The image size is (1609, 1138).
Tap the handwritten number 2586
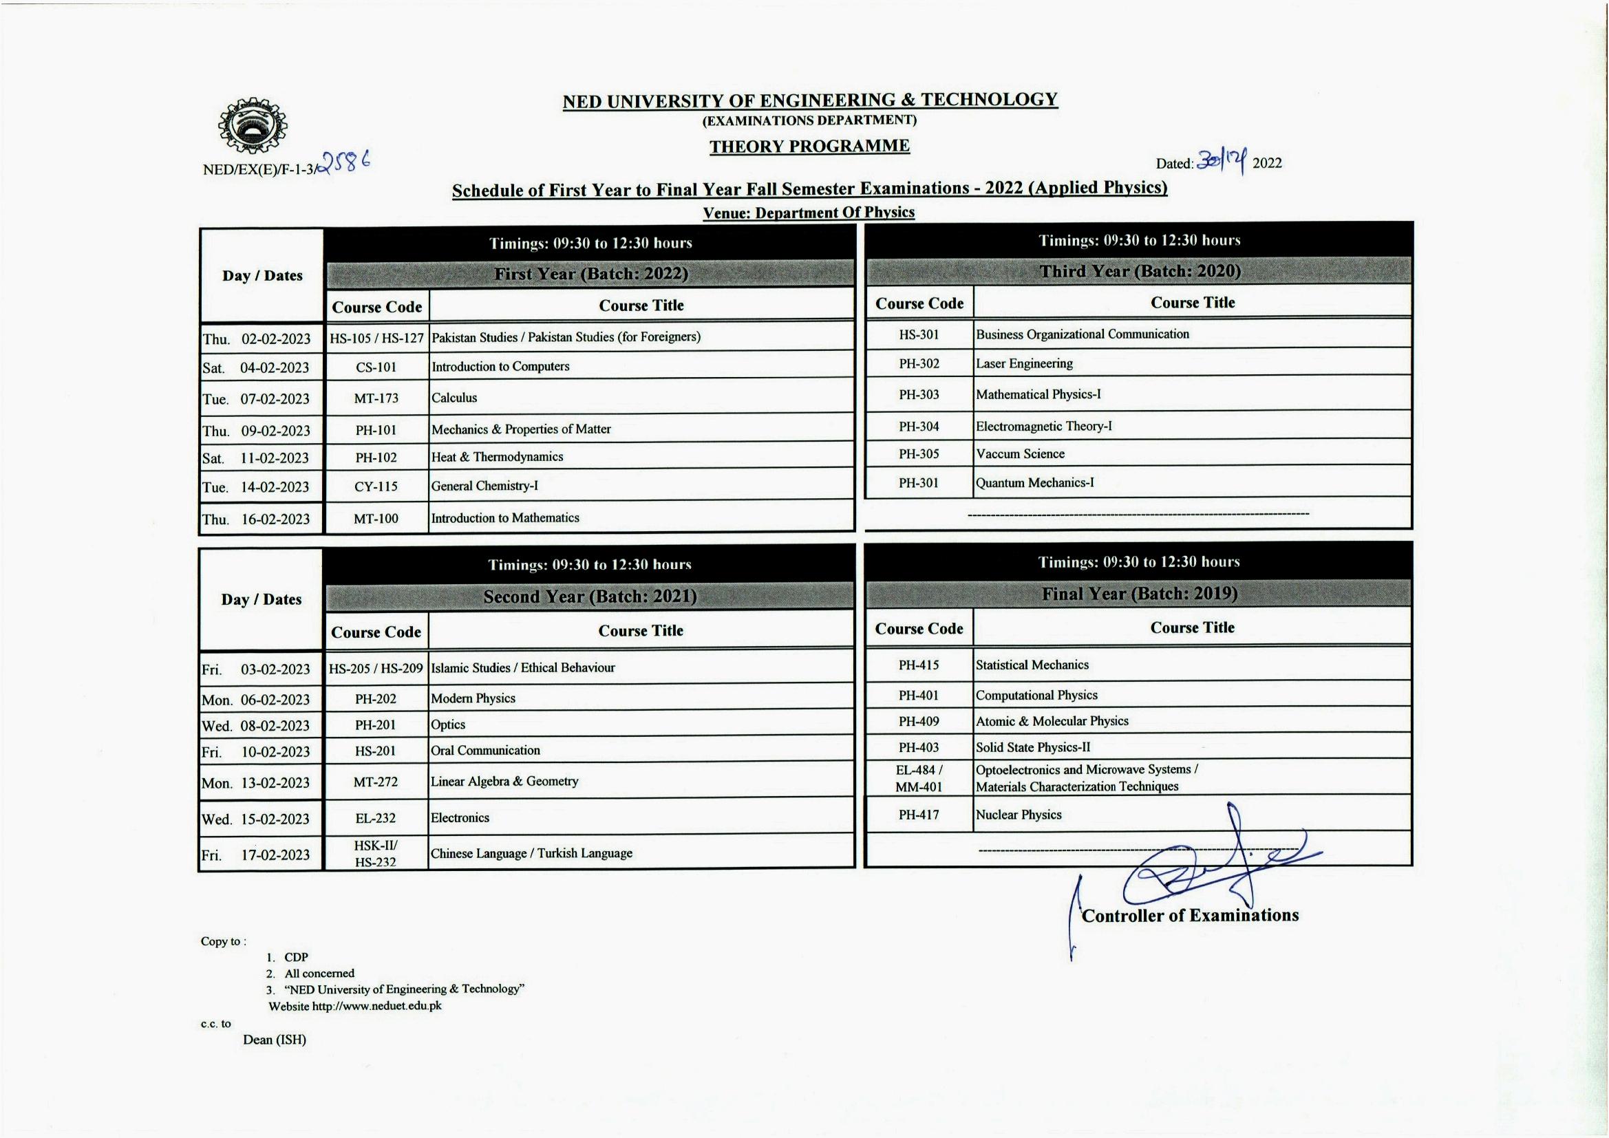[x=344, y=164]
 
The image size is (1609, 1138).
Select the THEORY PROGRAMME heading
[x=809, y=146]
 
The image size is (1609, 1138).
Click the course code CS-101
[x=376, y=367]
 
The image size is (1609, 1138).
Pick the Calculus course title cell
[x=454, y=398]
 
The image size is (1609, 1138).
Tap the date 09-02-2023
[x=275, y=431]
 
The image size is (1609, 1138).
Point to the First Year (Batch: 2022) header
[x=590, y=273]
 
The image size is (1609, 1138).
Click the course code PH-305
[x=919, y=454]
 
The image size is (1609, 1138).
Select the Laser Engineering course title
[x=1024, y=364]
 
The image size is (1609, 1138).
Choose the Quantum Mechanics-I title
[x=1034, y=483]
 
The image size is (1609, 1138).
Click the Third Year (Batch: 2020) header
[x=1140, y=271]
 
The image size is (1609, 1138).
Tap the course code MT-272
[x=376, y=782]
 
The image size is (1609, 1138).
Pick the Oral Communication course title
[x=485, y=751]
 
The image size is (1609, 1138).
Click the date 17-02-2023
[x=275, y=855]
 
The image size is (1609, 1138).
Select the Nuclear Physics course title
[x=1019, y=815]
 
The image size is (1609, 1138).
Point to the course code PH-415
[x=919, y=665]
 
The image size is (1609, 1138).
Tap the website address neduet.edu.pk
[x=376, y=1007]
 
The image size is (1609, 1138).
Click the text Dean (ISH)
[x=275, y=1040]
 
